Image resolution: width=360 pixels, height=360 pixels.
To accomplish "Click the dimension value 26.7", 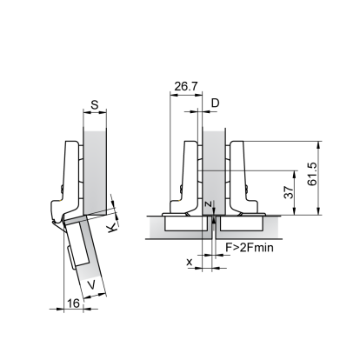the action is (186, 86).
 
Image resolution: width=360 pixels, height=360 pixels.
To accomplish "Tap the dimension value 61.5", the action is (313, 174).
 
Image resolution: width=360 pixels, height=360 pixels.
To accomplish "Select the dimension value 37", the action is (289, 192).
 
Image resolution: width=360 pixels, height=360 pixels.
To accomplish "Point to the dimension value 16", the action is (73, 303).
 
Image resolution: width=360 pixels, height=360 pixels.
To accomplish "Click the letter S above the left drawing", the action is (95, 104).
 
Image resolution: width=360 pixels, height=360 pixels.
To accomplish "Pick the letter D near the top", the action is (215, 103).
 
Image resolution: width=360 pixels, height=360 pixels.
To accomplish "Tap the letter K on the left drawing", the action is (112, 228).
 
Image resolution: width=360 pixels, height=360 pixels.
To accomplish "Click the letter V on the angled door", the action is (91, 285).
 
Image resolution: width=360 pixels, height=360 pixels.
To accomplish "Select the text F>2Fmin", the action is (250, 247).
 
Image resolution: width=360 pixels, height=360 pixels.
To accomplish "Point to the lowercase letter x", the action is (190, 262).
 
